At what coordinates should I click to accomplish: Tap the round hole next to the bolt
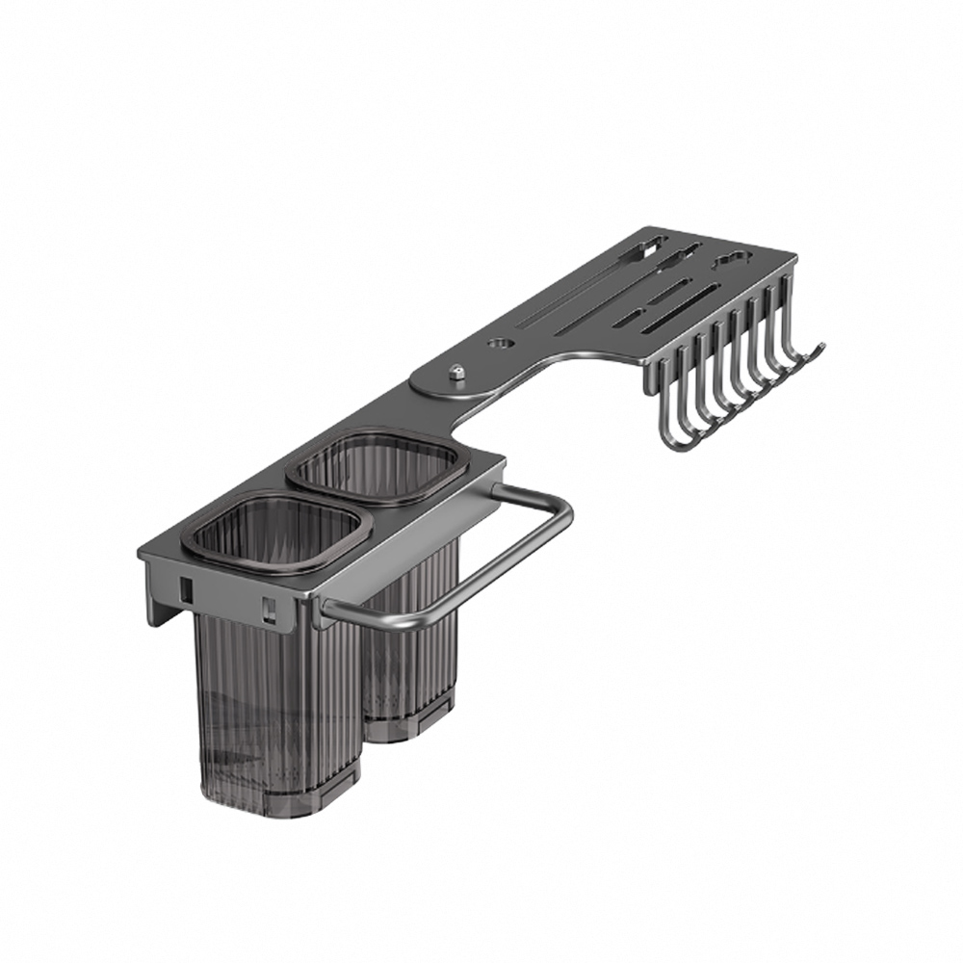pos(500,342)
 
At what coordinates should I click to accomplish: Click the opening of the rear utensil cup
pos(377,466)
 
